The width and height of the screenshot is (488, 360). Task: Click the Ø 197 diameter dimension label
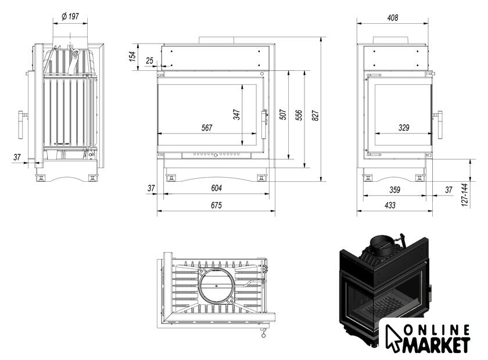click(x=70, y=16)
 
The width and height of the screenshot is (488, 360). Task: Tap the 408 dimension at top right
click(x=393, y=18)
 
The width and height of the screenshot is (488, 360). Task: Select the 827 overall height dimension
click(x=315, y=116)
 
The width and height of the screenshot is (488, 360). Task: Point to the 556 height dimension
click(x=299, y=115)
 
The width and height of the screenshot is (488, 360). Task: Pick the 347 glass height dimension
click(x=236, y=114)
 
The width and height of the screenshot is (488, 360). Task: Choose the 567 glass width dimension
click(x=207, y=128)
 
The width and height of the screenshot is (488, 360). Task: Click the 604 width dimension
click(x=216, y=188)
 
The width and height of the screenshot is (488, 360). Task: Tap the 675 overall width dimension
click(x=216, y=205)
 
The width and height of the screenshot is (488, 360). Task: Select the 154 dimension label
click(x=132, y=56)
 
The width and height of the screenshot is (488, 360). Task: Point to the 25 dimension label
click(x=150, y=60)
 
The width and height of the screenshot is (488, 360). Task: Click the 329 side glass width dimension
click(x=404, y=128)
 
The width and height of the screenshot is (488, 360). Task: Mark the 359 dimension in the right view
click(x=394, y=189)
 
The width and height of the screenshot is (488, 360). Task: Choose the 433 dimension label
click(x=390, y=205)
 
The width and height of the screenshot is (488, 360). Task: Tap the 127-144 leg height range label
click(x=464, y=195)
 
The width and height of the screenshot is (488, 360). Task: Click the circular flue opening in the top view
click(x=216, y=286)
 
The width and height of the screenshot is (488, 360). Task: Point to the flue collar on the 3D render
click(x=382, y=244)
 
